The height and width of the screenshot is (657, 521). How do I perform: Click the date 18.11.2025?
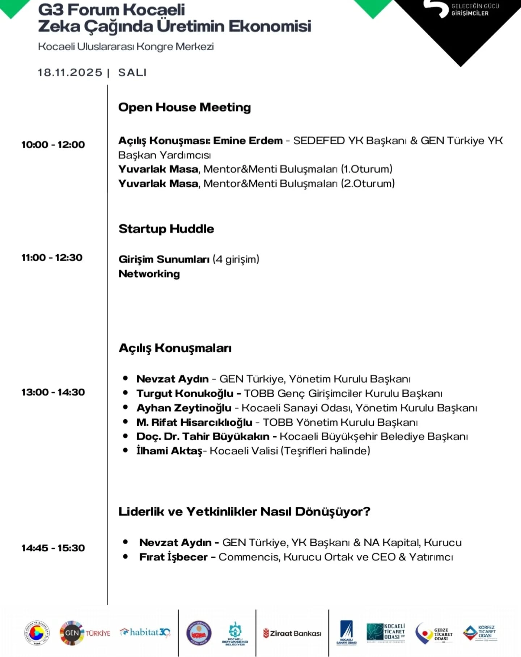click(x=70, y=73)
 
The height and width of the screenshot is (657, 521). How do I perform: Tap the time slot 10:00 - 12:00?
click(x=53, y=145)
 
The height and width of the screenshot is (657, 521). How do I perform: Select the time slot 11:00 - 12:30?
click(x=52, y=258)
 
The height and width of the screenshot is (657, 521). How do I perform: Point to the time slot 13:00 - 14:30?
click(x=53, y=392)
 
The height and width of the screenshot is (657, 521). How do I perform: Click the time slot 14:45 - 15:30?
click(x=53, y=548)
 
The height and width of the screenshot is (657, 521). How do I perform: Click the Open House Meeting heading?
click(x=185, y=107)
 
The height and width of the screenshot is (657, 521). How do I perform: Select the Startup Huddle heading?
click(x=166, y=229)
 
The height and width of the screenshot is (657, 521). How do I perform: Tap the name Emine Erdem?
click(x=248, y=141)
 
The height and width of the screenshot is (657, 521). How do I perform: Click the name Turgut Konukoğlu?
click(x=185, y=393)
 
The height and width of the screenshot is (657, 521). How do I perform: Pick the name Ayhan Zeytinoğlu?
click(x=184, y=408)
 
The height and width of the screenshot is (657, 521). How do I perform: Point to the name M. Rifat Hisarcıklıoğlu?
click(x=194, y=422)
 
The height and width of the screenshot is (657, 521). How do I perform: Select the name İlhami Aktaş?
click(x=169, y=451)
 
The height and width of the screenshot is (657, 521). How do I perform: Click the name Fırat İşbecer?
click(x=173, y=557)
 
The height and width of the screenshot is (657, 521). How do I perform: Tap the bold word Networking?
click(x=149, y=274)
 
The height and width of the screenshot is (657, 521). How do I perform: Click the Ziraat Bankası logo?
click(x=292, y=633)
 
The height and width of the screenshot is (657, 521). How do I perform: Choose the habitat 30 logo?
click(x=145, y=632)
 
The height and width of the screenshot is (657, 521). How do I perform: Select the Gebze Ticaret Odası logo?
click(x=434, y=633)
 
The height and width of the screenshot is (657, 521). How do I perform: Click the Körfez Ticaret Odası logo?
click(x=480, y=633)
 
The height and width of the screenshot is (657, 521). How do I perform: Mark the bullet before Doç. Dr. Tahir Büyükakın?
click(x=126, y=436)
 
